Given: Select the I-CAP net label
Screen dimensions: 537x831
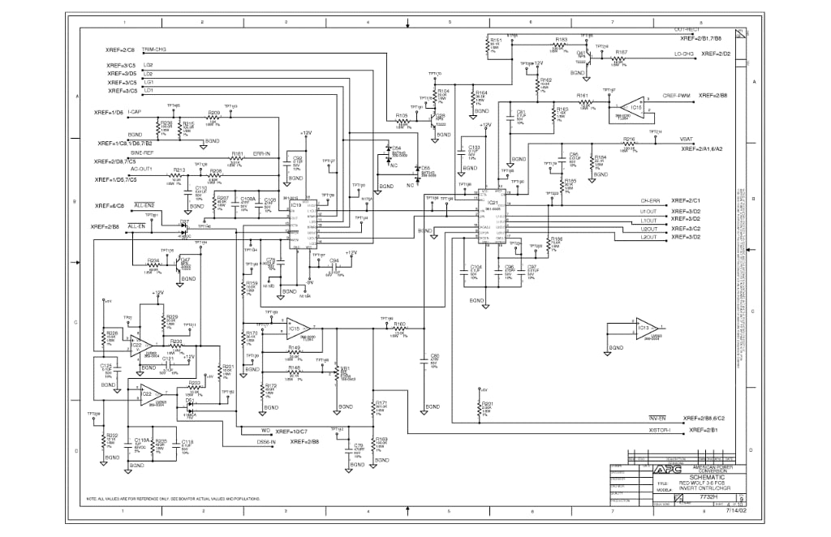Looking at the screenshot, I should pyautogui.click(x=135, y=111).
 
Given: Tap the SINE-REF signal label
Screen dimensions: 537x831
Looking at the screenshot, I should pyautogui.click(x=142, y=153).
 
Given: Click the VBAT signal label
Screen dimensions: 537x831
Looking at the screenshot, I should pyautogui.click(x=687, y=140).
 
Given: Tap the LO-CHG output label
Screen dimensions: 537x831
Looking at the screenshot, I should pyautogui.click(x=683, y=54).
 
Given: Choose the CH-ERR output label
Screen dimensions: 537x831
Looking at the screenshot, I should pyautogui.click(x=650, y=200).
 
